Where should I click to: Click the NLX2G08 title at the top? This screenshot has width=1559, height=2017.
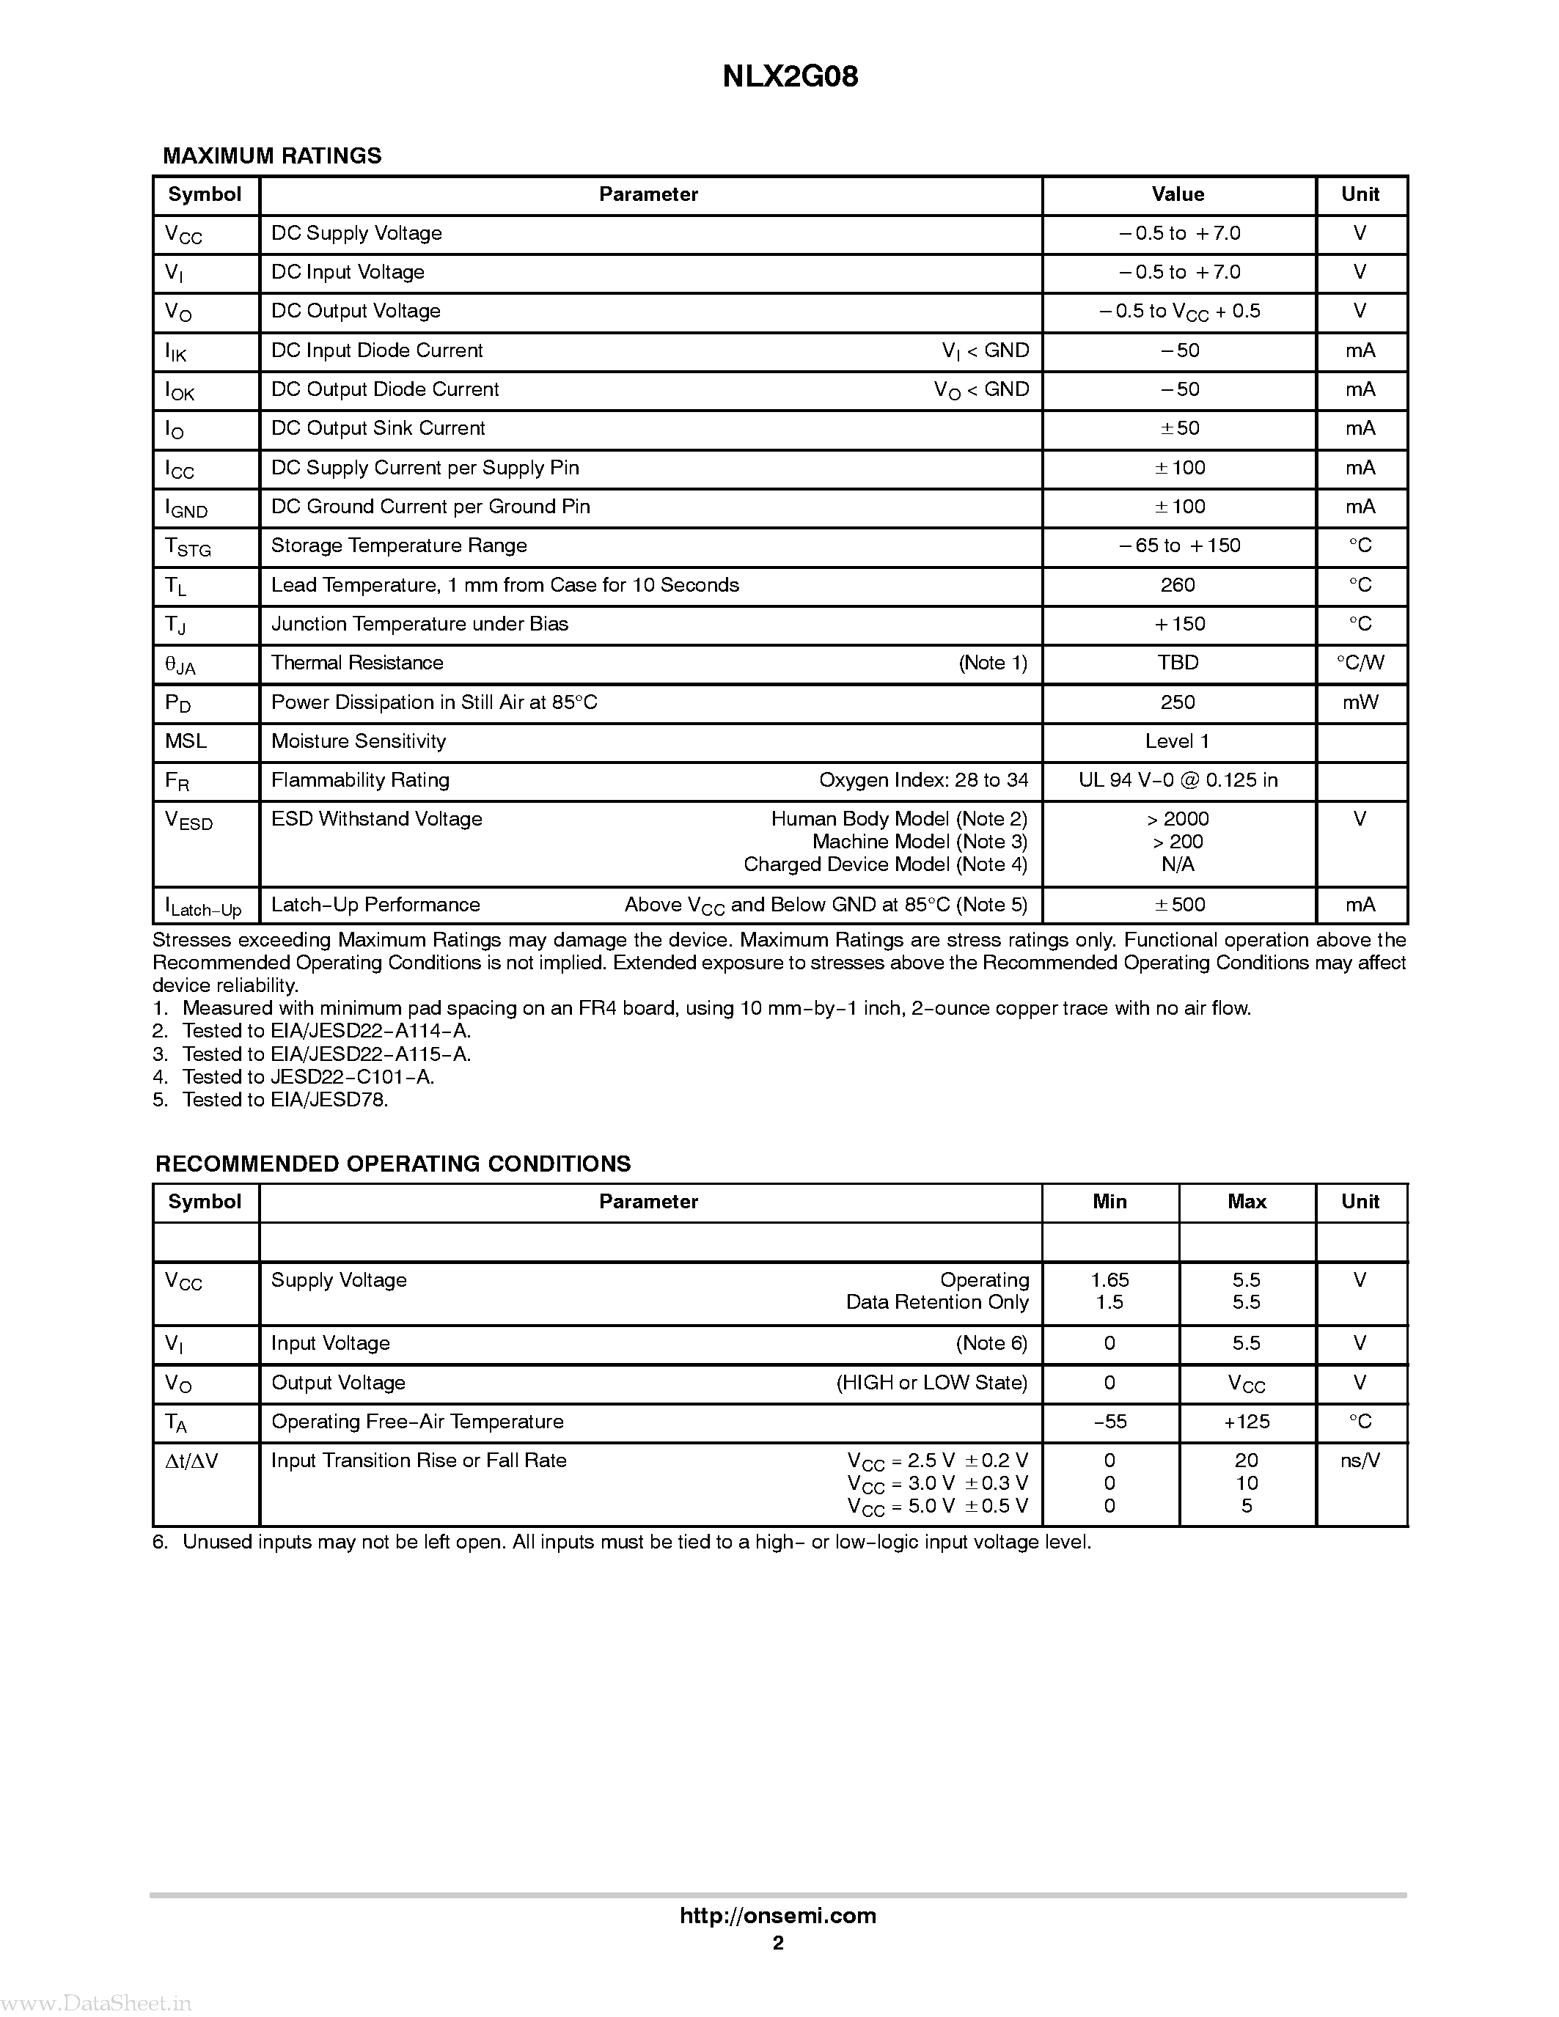(790, 77)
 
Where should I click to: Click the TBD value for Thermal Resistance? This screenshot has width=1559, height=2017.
(1178, 663)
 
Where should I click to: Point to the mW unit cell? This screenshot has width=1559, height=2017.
(1360, 703)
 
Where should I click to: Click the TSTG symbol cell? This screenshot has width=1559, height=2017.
(188, 547)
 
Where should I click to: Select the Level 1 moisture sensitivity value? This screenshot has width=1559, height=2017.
(1177, 741)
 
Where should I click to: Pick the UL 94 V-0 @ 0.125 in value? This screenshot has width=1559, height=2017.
(1178, 780)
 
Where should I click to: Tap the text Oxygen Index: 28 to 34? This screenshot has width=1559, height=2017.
(922, 780)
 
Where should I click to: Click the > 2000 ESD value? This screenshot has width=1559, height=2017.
(1178, 819)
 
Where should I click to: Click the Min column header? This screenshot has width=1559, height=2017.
(1109, 1202)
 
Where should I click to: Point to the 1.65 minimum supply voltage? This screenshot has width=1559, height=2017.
(1109, 1280)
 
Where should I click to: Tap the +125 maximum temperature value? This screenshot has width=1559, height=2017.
(1246, 1422)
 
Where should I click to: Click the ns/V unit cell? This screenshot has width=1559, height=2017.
(1360, 1461)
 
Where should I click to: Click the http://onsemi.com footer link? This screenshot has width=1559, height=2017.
(777, 1915)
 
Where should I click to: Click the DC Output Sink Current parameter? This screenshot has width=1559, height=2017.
(378, 428)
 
